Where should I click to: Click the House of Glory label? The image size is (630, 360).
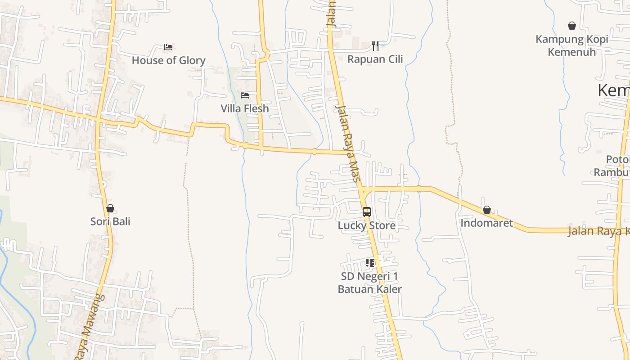168,60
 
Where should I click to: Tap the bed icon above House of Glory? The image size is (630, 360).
168,47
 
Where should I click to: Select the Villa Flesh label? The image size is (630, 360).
244,108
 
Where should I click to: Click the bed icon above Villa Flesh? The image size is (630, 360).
245,95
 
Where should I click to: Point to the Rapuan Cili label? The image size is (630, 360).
375,59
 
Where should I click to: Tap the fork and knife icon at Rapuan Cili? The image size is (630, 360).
375,45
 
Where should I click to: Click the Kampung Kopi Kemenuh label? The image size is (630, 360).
571,45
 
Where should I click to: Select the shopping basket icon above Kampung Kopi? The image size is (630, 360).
571,26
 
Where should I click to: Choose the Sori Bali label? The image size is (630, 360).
110,221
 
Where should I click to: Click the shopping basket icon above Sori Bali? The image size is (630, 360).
110,208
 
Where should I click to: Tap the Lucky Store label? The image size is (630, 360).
367,225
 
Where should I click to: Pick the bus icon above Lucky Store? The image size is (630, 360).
367,211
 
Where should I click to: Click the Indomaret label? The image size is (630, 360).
486,223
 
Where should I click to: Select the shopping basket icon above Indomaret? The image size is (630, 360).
486,210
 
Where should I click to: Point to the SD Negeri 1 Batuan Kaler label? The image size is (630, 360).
369,283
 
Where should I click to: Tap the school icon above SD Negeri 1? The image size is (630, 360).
370,262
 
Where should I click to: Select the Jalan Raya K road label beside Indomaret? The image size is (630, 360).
598,231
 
